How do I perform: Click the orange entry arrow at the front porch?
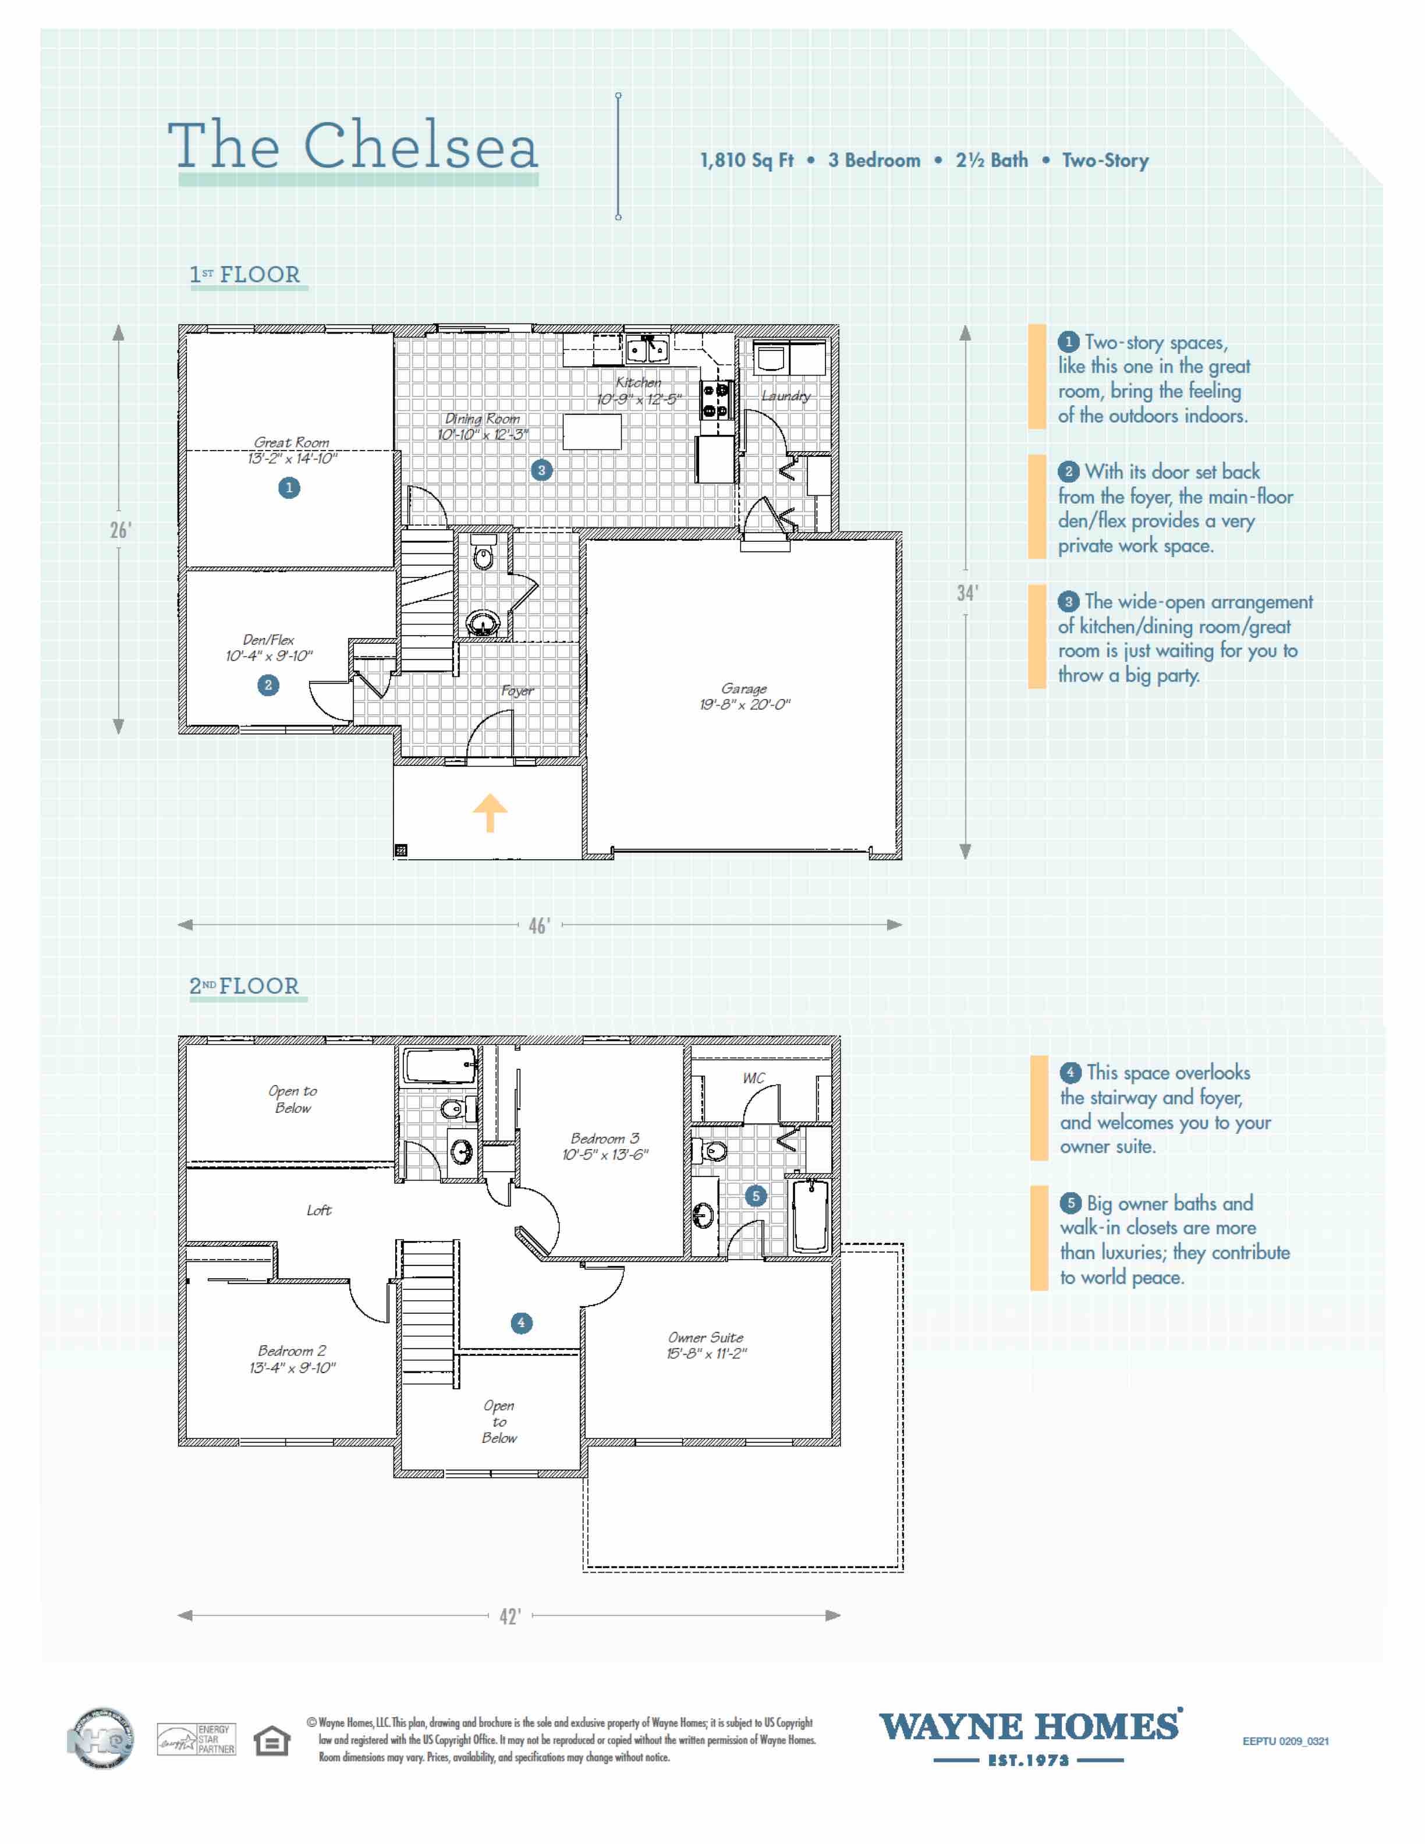pos(490,813)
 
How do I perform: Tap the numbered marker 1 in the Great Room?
pos(289,487)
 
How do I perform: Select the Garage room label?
pos(744,697)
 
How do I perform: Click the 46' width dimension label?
pos(538,925)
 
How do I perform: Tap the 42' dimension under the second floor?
pos(510,1616)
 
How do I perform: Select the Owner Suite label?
pos(706,1345)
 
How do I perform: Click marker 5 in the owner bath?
pos(756,1196)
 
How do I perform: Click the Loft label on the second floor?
pos(319,1210)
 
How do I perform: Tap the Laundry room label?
pos(786,395)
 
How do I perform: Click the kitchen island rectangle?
pos(592,431)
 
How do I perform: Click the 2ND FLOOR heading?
pos(245,986)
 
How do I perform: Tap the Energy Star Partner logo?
pos(196,1739)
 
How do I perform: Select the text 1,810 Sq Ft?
pos(746,161)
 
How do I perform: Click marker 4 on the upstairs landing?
pos(521,1323)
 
